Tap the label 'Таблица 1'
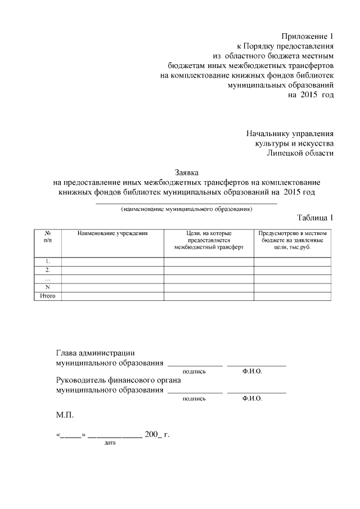(315, 218)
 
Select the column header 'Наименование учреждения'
(112, 233)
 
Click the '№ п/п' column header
(48, 236)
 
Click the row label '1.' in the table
(48, 261)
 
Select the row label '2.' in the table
(48, 270)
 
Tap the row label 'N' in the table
(48, 287)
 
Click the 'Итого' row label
(48, 296)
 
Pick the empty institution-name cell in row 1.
(112, 261)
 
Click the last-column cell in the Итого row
(292, 296)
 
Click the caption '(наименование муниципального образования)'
(186, 209)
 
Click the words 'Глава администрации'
(95, 353)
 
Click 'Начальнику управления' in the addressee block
(290, 134)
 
